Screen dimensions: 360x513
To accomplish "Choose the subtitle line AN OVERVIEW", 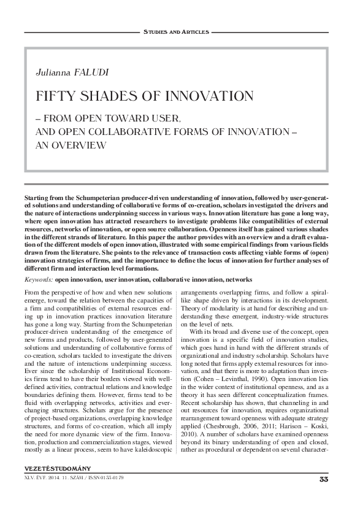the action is [71, 145].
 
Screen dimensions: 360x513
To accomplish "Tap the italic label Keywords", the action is [38, 279].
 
